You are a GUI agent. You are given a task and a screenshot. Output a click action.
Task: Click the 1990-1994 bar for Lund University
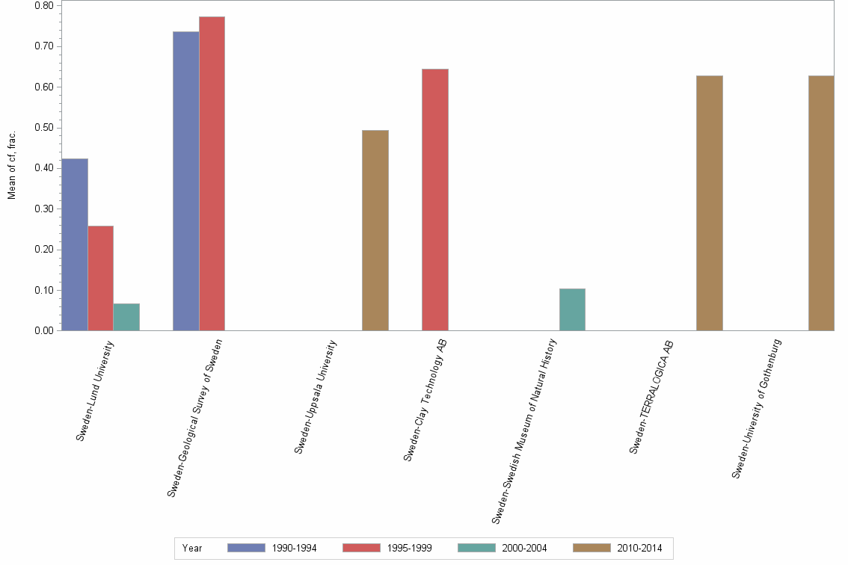point(75,244)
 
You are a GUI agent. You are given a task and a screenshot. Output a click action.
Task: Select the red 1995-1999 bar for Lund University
point(101,278)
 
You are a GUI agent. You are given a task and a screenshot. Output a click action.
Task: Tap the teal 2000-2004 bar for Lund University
point(126,317)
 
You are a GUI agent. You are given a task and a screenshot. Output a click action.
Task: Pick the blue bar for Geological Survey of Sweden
point(185,181)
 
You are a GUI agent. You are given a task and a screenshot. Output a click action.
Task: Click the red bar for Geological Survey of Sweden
point(212,173)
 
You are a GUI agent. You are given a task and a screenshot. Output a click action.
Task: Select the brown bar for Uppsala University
point(375,230)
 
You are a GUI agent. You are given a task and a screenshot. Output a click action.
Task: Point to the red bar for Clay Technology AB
point(435,200)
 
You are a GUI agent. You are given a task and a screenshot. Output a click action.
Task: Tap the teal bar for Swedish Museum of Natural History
point(572,309)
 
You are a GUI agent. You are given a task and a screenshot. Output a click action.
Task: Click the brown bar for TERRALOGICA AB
point(709,203)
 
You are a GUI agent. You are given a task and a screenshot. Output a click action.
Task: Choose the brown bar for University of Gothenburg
point(821,203)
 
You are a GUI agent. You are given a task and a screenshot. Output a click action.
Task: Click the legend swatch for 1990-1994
point(246,548)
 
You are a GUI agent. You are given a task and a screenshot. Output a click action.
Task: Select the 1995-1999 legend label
point(409,548)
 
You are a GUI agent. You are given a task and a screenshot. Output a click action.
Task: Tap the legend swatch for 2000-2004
point(476,548)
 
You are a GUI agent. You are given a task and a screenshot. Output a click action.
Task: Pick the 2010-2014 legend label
point(639,548)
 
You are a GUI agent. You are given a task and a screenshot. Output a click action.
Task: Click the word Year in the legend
point(192,548)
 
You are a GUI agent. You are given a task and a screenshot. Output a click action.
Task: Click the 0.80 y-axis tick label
point(43,6)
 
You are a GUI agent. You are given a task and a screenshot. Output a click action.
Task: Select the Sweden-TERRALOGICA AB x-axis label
point(651,396)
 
